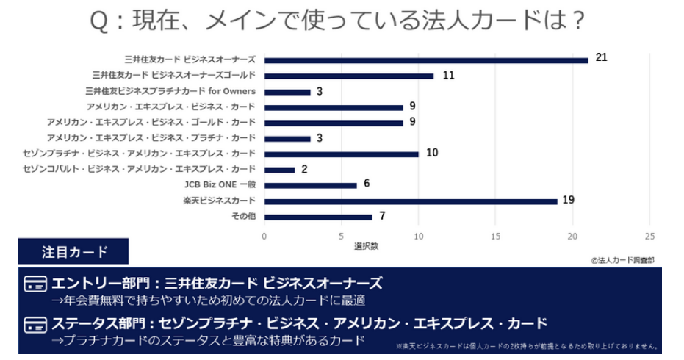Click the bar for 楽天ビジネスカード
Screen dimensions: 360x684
411,201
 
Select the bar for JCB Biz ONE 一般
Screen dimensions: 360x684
310,185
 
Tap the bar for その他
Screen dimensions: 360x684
318,217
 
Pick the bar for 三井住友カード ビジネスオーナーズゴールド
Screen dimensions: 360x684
349,76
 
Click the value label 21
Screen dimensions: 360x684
602,57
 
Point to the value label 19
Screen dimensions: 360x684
568,199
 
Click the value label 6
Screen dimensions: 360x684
367,183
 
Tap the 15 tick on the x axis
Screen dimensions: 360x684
496,236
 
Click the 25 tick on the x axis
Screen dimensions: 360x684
649,236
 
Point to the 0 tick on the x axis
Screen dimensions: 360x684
264,236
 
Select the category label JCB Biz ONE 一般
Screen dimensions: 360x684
220,185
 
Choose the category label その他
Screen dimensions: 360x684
243,217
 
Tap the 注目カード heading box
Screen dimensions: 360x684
73,252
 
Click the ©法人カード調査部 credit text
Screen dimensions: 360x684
622,259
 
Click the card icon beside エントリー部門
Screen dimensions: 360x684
35,284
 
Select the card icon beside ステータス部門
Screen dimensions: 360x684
35,325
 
